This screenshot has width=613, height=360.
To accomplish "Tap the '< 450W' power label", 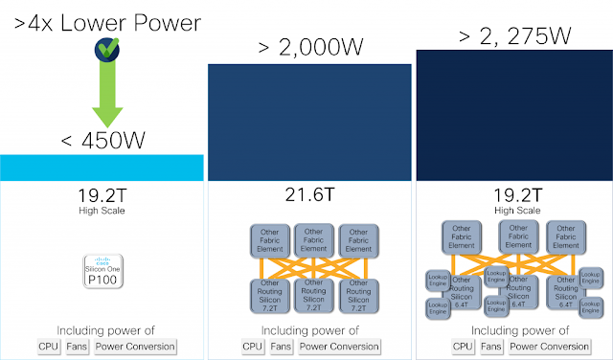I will [102, 140].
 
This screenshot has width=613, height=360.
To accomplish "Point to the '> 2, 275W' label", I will [515, 36].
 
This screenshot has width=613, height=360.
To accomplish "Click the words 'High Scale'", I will [102, 210].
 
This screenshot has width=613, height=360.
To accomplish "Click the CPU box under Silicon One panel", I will [48, 347].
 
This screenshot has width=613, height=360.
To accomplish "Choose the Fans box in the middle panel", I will [281, 347].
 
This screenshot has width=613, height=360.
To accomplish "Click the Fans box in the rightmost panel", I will [490, 347].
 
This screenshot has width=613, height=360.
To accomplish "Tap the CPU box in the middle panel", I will [252, 347].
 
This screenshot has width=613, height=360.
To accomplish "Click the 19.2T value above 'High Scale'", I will [102, 195].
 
